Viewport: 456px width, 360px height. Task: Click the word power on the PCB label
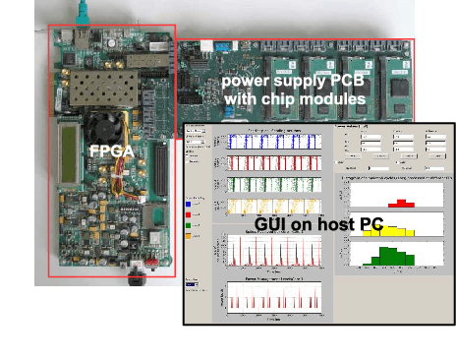244,81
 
